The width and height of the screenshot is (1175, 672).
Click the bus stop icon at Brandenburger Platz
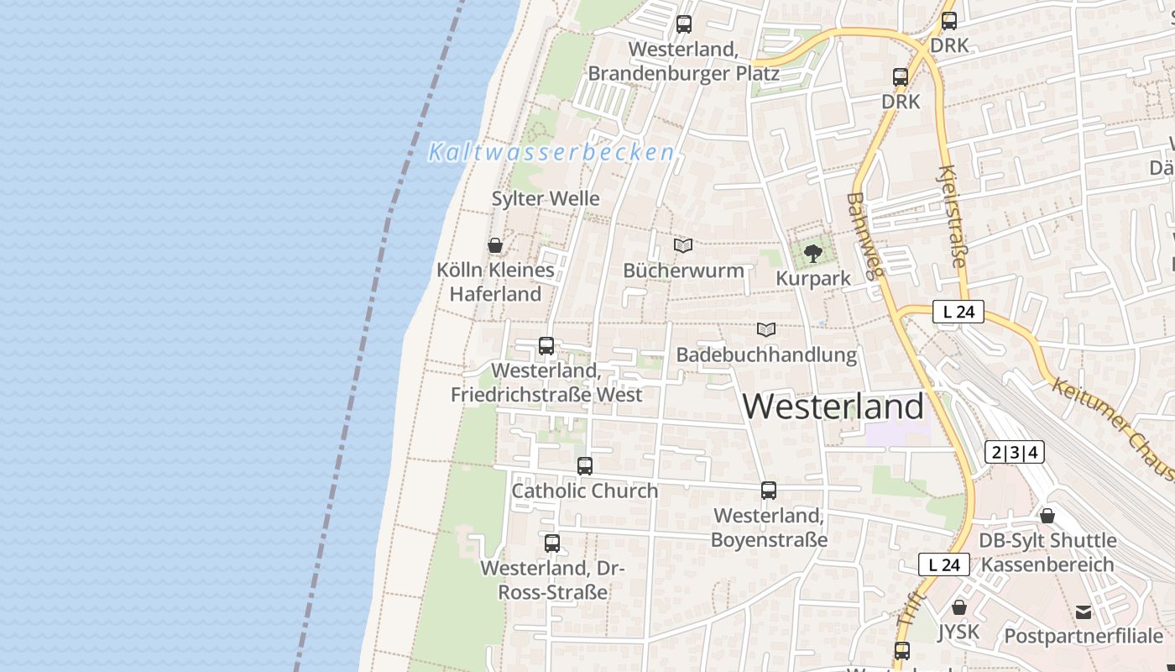(684, 24)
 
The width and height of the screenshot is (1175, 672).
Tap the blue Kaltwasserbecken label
(551, 152)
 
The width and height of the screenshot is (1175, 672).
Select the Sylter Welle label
(546, 199)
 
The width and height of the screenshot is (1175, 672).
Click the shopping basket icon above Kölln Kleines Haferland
(495, 245)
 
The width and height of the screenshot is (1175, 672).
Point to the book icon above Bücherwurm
(683, 246)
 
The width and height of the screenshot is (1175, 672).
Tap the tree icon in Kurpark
(812, 253)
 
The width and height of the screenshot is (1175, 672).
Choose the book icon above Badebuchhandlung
(765, 330)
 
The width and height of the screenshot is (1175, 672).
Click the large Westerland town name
(833, 407)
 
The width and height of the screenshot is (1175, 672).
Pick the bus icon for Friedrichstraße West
(546, 346)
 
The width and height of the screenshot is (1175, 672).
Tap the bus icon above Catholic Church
(585, 466)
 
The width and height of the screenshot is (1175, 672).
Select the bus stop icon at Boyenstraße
(769, 491)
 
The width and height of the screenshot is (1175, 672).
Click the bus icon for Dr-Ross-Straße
(552, 543)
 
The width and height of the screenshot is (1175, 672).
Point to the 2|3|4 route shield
(1014, 453)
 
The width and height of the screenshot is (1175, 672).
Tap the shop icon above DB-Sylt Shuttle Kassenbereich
(1047, 516)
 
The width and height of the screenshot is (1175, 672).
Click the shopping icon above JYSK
(959, 607)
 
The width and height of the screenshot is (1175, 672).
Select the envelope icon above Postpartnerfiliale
(1084, 612)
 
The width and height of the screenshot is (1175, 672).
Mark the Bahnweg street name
(866, 235)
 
